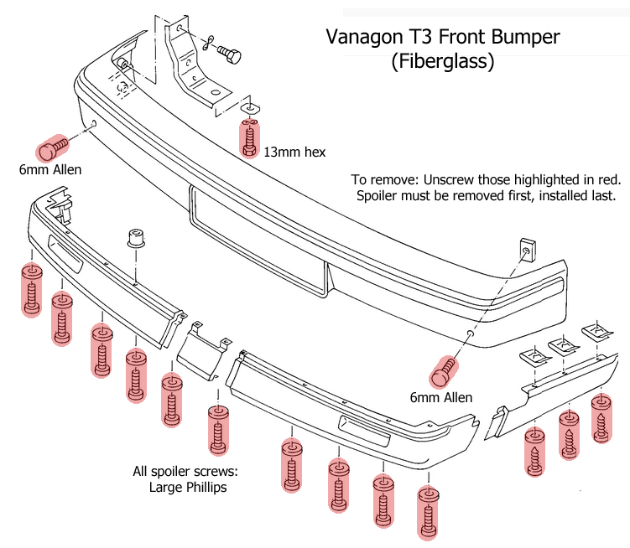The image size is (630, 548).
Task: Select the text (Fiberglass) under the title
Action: pyautogui.click(x=442, y=61)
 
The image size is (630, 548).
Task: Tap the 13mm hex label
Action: pyautogui.click(x=294, y=152)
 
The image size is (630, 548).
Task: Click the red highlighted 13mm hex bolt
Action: pyautogui.click(x=249, y=139)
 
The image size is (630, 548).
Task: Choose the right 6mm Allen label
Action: pyautogui.click(x=440, y=397)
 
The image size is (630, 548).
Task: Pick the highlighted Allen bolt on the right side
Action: pyautogui.click(x=444, y=369)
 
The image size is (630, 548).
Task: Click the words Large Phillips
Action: pyautogui.click(x=187, y=487)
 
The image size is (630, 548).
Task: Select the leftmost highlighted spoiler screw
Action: pyautogui.click(x=31, y=290)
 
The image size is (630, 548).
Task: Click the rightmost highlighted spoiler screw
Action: pyautogui.click(x=601, y=419)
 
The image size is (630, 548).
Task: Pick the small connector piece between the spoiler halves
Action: pyautogui.click(x=200, y=352)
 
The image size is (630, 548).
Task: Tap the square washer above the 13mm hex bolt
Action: pyautogui.click(x=250, y=109)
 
